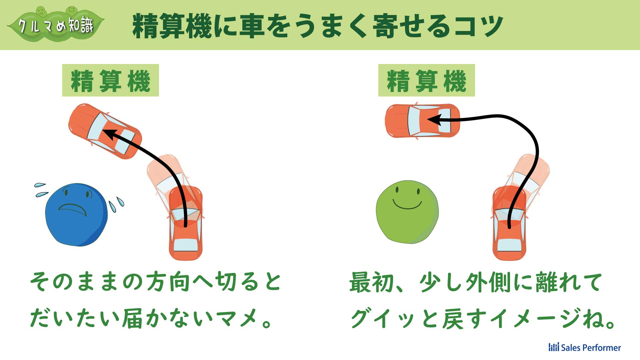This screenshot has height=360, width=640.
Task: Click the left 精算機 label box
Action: (x=110, y=80)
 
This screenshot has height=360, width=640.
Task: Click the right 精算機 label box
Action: (x=426, y=80)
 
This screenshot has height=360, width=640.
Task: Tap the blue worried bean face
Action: (x=76, y=214)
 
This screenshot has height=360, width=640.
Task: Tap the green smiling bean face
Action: (x=407, y=212)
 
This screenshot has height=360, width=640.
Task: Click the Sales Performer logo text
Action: (x=585, y=347)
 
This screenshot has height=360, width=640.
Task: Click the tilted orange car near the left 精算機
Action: (x=105, y=131)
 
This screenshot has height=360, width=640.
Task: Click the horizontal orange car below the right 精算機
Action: (x=422, y=120)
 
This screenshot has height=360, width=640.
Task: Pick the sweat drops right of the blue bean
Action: (x=116, y=204)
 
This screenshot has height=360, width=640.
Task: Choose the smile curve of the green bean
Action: (x=407, y=204)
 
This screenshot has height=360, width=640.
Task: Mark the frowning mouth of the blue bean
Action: (x=73, y=208)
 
